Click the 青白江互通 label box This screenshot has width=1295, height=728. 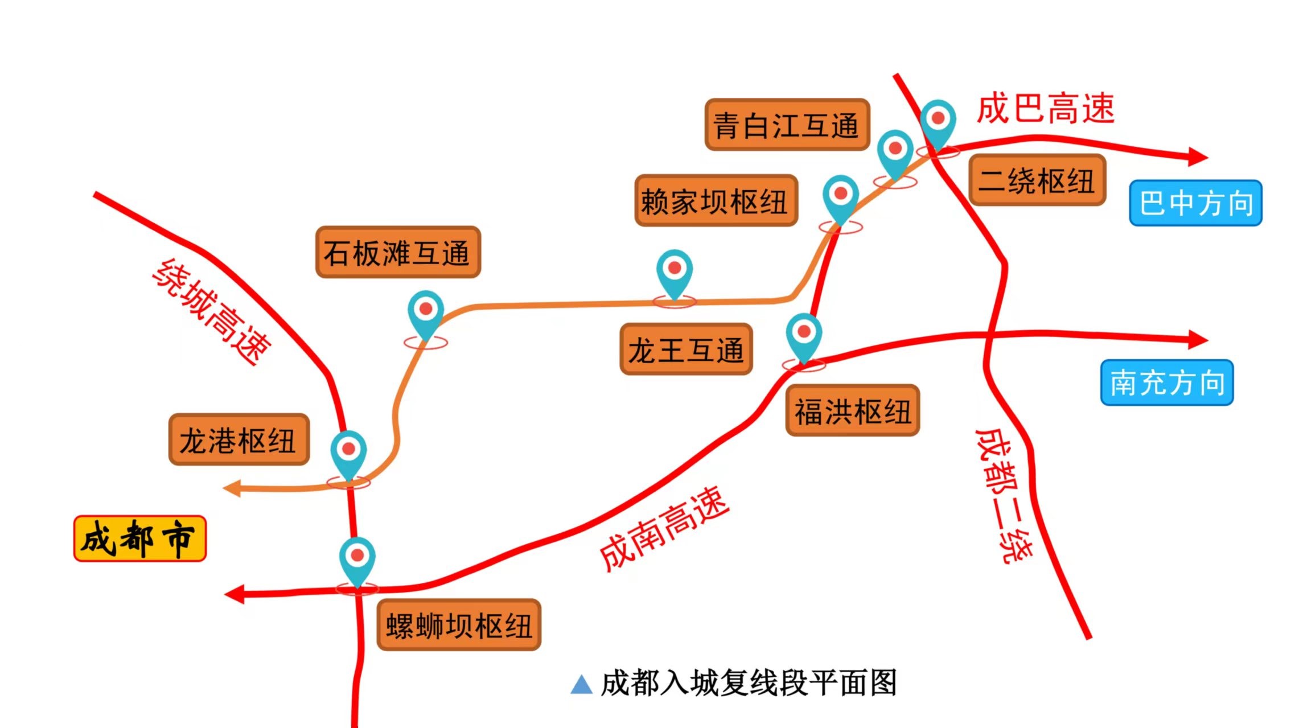coord(787,125)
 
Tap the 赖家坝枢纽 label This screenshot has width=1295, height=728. coord(716,201)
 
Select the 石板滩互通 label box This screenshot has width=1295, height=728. coord(398,252)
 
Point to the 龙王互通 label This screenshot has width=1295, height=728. coord(686,349)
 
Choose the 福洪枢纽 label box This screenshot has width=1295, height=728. coord(853,410)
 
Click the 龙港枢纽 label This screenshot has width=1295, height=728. coord(239,439)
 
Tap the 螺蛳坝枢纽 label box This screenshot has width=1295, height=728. coord(459,624)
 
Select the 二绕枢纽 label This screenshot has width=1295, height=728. coord(1037,180)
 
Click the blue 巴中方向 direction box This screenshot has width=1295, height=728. coord(1195,203)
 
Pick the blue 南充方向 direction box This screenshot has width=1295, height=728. coord(1167,382)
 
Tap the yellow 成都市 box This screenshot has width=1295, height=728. coord(140,538)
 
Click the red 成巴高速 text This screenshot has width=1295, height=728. coord(1045,108)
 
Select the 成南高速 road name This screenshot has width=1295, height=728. coord(664,529)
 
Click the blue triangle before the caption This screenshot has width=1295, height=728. coord(581,684)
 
